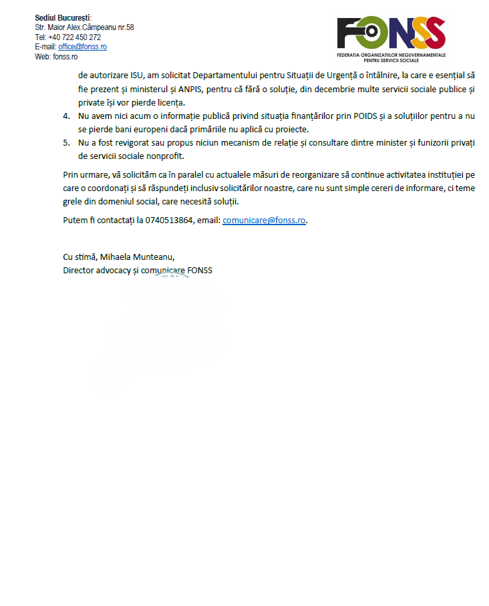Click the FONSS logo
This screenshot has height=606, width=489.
click(391, 33)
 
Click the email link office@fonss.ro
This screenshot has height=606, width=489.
click(82, 47)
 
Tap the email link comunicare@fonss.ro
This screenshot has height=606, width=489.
click(264, 220)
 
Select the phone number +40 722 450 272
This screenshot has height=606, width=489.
click(74, 37)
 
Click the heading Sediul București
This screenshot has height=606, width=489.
click(63, 17)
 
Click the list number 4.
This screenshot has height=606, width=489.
click(66, 116)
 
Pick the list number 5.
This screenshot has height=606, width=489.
click(66, 143)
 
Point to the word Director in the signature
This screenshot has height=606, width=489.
click(78, 270)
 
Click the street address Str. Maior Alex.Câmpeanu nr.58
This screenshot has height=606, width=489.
click(84, 27)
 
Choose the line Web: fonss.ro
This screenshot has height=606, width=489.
click(56, 57)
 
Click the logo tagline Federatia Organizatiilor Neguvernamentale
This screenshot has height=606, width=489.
click(391, 54)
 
